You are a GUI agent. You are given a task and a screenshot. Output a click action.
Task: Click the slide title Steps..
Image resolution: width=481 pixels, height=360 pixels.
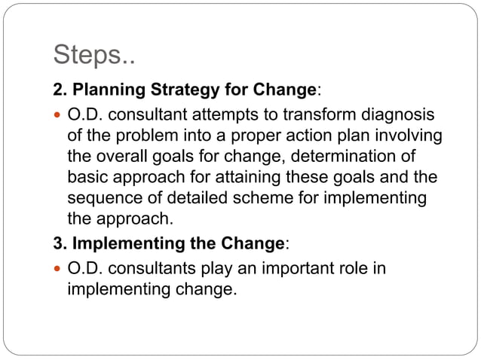click(95, 56)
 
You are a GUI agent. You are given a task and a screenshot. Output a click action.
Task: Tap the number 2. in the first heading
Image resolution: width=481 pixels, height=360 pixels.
click(60, 91)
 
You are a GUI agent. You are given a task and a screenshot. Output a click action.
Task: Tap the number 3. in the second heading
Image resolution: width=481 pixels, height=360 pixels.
click(60, 245)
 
